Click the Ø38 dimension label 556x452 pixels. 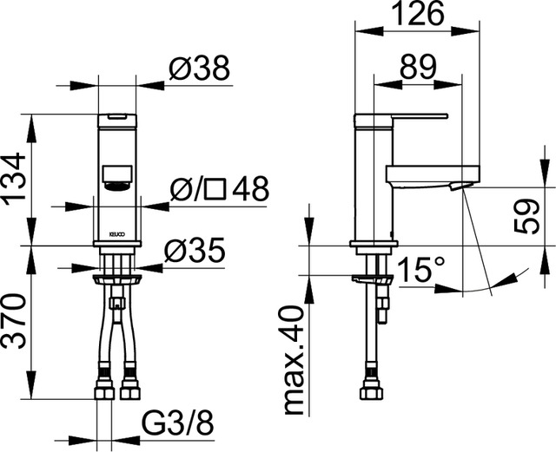click(199, 69)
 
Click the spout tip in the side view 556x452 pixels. click(460, 184)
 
